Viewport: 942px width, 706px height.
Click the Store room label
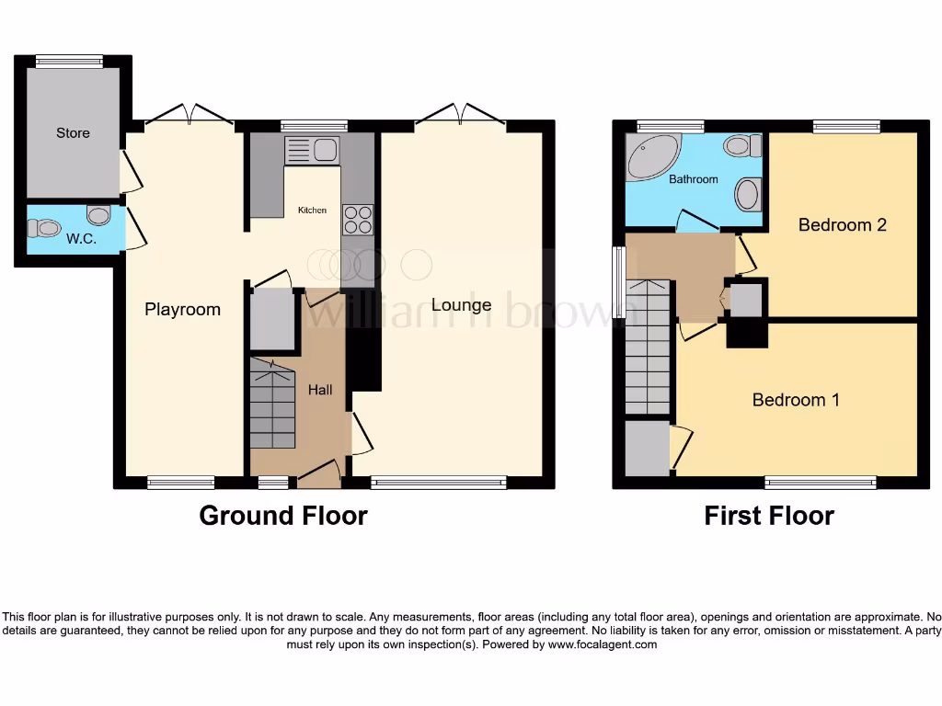[x=73, y=132]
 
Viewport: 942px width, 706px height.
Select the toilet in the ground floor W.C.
[x=98, y=215]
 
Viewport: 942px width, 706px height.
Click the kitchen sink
[x=313, y=150]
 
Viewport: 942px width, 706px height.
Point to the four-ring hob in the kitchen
[x=358, y=220]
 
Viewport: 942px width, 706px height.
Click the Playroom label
[x=182, y=310]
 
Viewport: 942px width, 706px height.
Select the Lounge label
[x=461, y=305]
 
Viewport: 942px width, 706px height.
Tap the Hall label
[x=320, y=390]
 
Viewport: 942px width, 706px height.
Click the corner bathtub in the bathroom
[x=651, y=157]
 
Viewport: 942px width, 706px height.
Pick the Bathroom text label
[x=693, y=179]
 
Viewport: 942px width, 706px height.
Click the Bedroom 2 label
[x=842, y=225]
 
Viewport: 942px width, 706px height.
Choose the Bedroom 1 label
[x=796, y=400]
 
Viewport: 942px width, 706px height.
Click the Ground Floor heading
[x=283, y=516]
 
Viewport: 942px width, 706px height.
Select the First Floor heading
[x=769, y=516]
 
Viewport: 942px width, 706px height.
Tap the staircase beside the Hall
[x=272, y=404]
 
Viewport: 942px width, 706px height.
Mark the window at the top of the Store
[x=69, y=62]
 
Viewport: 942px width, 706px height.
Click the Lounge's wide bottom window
[x=439, y=482]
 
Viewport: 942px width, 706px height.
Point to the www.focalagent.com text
[x=603, y=645]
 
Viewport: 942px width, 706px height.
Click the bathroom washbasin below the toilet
[x=747, y=194]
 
